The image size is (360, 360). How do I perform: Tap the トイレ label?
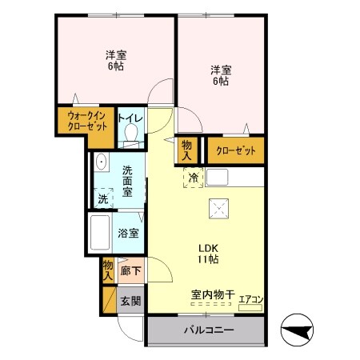[x=130, y=118]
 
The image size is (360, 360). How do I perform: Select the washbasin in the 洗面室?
[x=102, y=162]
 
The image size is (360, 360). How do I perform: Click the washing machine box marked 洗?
[x=103, y=198]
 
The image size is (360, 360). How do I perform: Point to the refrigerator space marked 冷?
[x=194, y=178]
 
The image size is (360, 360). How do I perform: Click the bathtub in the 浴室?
[x=100, y=232]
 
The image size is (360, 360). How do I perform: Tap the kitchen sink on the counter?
[x=218, y=177]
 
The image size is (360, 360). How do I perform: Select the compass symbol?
[x=298, y=330]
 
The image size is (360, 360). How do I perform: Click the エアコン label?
[x=250, y=299]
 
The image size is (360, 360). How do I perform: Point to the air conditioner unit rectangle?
[x=250, y=308]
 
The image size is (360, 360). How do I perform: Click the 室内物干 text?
[x=213, y=294]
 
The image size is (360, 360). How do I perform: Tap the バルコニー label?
[x=209, y=330]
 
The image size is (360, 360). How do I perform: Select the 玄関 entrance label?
[x=130, y=302]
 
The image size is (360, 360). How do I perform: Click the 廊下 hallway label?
[x=130, y=271]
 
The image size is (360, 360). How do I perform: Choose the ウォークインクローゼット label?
[x=87, y=122]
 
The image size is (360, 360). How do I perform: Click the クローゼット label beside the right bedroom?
[x=236, y=151]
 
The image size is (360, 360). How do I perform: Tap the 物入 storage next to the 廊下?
[x=108, y=270]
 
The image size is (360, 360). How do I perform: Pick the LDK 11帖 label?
[x=208, y=254]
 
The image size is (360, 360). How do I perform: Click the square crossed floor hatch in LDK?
[x=218, y=209]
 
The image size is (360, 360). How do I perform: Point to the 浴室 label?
[x=128, y=234]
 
